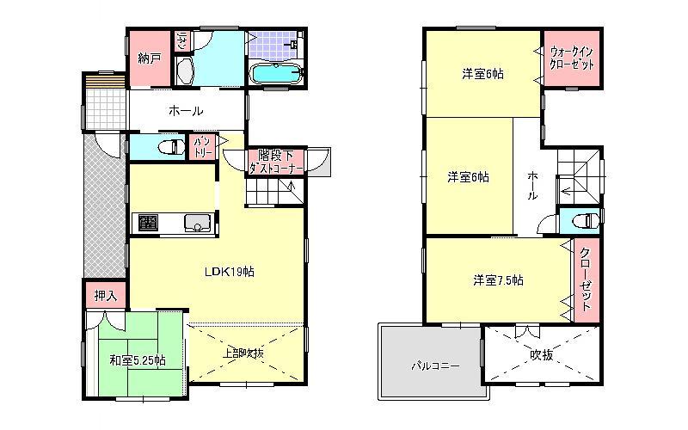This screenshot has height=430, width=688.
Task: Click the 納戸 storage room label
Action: tap(150, 58)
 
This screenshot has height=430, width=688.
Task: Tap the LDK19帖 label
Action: tap(228, 272)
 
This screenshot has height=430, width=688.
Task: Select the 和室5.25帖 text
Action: tap(138, 359)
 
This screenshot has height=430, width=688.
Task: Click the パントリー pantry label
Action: tap(203, 146)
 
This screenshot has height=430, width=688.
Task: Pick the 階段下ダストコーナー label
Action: tap(271, 163)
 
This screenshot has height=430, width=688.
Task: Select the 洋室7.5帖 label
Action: tap(499, 280)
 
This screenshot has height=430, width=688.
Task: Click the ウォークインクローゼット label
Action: tap(573, 59)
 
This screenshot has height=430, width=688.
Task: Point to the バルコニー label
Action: tap(434, 365)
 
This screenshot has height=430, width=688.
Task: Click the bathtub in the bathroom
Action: tap(275, 75)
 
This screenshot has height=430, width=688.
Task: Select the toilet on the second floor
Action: tap(587, 221)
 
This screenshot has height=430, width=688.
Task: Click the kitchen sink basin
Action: tap(197, 226)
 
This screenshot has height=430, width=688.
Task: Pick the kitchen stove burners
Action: tap(147, 224)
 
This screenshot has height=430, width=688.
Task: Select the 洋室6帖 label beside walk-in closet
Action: tap(482, 74)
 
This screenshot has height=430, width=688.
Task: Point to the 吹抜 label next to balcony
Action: tap(539, 353)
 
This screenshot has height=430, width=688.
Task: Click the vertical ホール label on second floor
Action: tap(533, 185)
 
